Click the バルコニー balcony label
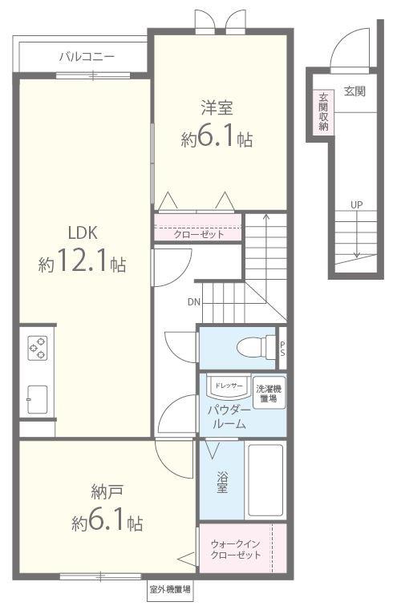pos(87,57)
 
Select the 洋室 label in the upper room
pos(217,109)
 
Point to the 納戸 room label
pos(106,492)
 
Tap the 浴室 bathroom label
pos(222,481)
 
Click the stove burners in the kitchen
pos(38,347)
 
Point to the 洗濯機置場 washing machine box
pos(269,394)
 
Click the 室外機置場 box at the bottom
pos(170,589)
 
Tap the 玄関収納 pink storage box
pos(323,111)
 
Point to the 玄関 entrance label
pos(354,91)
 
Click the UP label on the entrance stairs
pos(355,204)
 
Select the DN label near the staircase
pos(193,302)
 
